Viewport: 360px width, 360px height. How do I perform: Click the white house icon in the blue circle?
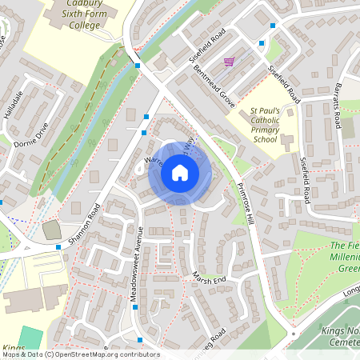(x=180, y=173)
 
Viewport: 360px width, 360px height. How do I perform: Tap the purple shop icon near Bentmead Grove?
(x=230, y=62)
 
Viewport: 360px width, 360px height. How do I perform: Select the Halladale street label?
(x=14, y=105)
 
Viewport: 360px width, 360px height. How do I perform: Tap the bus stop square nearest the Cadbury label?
(x=138, y=66)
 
